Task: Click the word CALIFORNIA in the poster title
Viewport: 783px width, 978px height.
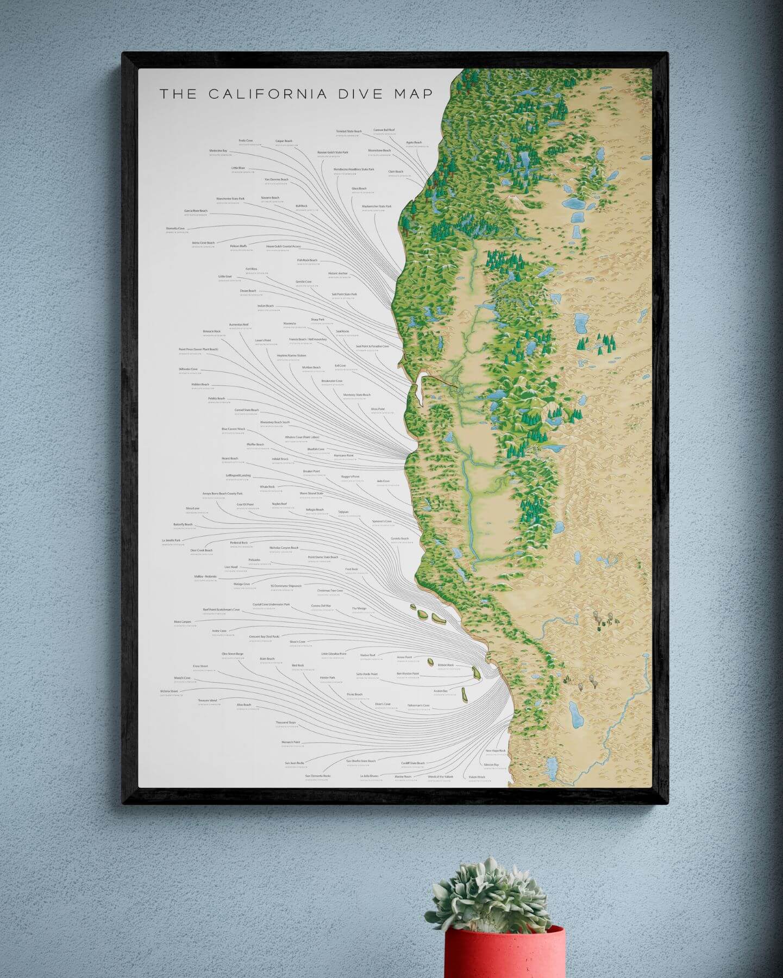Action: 267,93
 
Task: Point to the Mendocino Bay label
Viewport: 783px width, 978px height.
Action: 218,151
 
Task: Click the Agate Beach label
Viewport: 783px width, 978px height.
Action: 414,142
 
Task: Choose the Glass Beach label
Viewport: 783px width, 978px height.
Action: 359,189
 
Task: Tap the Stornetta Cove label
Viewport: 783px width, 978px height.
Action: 176,228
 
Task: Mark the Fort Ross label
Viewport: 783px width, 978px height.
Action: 251,268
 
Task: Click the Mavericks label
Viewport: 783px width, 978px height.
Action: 290,323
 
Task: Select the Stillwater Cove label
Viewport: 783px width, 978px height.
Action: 188,369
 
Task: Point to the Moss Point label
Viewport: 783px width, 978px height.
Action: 378,409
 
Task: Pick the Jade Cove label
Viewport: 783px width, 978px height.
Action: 383,481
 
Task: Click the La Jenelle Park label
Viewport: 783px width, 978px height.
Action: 171,541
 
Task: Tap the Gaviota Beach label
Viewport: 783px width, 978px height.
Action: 399,538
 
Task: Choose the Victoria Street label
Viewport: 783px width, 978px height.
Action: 169,691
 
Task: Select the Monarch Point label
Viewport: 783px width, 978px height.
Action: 291,742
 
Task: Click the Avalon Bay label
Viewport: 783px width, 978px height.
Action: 441,691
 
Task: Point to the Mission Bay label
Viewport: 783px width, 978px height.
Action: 491,764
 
